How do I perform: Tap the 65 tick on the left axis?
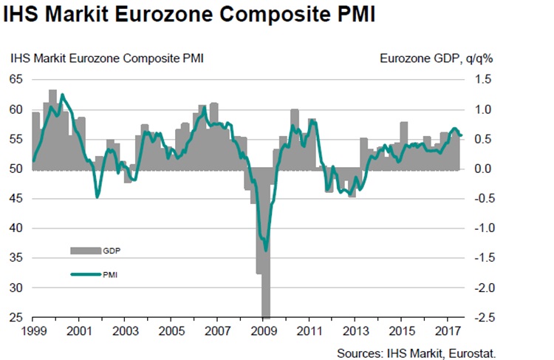17,80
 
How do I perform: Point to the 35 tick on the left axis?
17,258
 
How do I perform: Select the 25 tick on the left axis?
17,318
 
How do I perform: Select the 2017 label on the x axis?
450,333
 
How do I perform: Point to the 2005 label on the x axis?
171,333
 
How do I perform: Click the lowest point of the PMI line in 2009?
265,250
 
